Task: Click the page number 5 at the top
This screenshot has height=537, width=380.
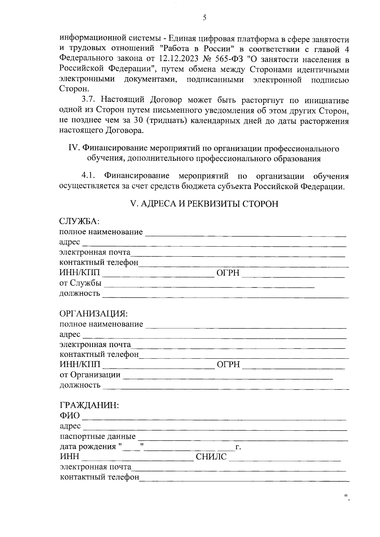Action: coord(204,18)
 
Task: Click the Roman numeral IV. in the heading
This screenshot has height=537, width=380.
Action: coord(74,148)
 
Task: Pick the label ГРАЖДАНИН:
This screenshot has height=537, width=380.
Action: coord(89,405)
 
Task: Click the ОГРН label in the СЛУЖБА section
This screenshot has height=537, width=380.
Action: coord(228,273)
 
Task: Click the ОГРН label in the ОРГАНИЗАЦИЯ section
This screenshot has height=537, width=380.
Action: coord(228,365)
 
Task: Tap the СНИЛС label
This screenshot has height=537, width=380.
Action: coord(211,457)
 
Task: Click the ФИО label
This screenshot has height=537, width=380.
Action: coord(70,415)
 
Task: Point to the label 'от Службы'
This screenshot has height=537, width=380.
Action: coord(80,283)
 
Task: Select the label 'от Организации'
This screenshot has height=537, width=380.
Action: coord(90,375)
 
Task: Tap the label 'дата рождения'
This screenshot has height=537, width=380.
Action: coord(88,446)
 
